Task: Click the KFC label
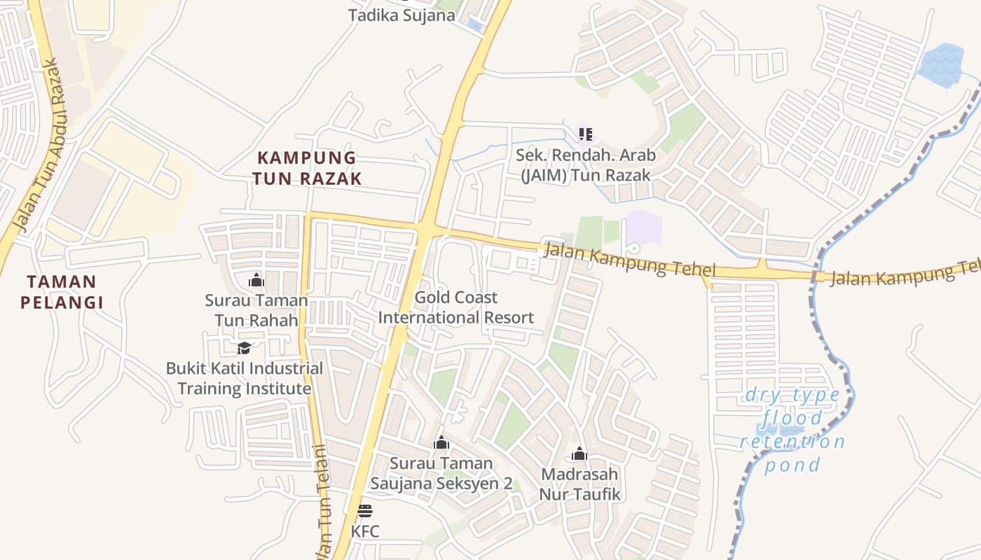click(x=365, y=531)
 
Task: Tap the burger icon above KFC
click(x=365, y=510)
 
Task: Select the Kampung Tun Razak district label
click(x=307, y=168)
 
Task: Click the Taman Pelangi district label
click(x=62, y=292)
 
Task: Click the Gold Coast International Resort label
click(x=456, y=307)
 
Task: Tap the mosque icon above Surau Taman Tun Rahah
click(x=256, y=280)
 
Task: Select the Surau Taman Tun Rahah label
click(x=256, y=310)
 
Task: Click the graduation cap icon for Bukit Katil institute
click(x=244, y=347)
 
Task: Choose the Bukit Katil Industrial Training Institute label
click(x=244, y=378)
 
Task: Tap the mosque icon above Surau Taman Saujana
click(x=441, y=442)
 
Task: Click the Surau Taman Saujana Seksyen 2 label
click(x=441, y=473)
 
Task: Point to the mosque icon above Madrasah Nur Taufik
click(x=579, y=454)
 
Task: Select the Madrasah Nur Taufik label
click(x=579, y=484)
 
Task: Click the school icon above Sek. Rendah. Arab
click(x=585, y=133)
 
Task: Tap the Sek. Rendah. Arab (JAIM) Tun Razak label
click(x=585, y=164)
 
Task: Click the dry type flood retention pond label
click(x=793, y=430)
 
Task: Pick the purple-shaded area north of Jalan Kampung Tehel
click(x=644, y=227)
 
